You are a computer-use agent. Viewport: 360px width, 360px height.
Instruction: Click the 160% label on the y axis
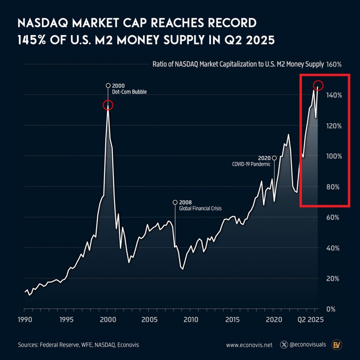tap(334, 65)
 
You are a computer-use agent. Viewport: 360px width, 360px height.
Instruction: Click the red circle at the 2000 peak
tap(108, 105)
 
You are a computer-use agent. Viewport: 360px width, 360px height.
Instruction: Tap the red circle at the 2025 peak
tap(318, 85)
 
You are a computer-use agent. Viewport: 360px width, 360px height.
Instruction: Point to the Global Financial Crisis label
tap(200, 208)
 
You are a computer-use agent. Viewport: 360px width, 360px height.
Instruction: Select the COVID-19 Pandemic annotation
tap(251, 164)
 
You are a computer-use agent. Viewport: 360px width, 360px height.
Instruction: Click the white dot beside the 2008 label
tap(175, 202)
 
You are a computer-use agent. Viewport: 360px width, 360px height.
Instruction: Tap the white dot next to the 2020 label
tap(274, 158)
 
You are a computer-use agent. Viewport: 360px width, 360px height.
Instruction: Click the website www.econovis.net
tap(249, 345)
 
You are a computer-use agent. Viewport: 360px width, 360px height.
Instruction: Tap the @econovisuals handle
tap(308, 345)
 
